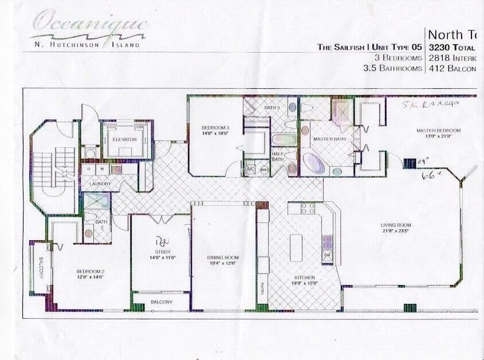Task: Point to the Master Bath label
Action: click(x=327, y=139)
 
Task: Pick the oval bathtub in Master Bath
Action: click(x=314, y=163)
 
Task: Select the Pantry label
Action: click(x=263, y=288)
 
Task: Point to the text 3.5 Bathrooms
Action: click(x=392, y=68)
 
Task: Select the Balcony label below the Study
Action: click(x=162, y=302)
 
